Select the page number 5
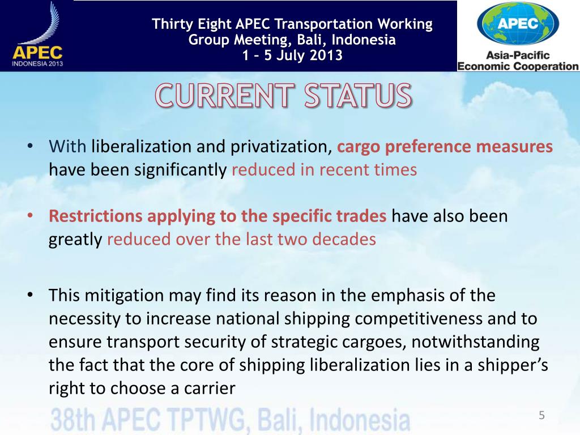coord(541,416)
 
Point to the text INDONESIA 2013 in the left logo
coord(37,64)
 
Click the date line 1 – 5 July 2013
coord(292,55)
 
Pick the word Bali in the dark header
coord(314,40)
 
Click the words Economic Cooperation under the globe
coord(518,66)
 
